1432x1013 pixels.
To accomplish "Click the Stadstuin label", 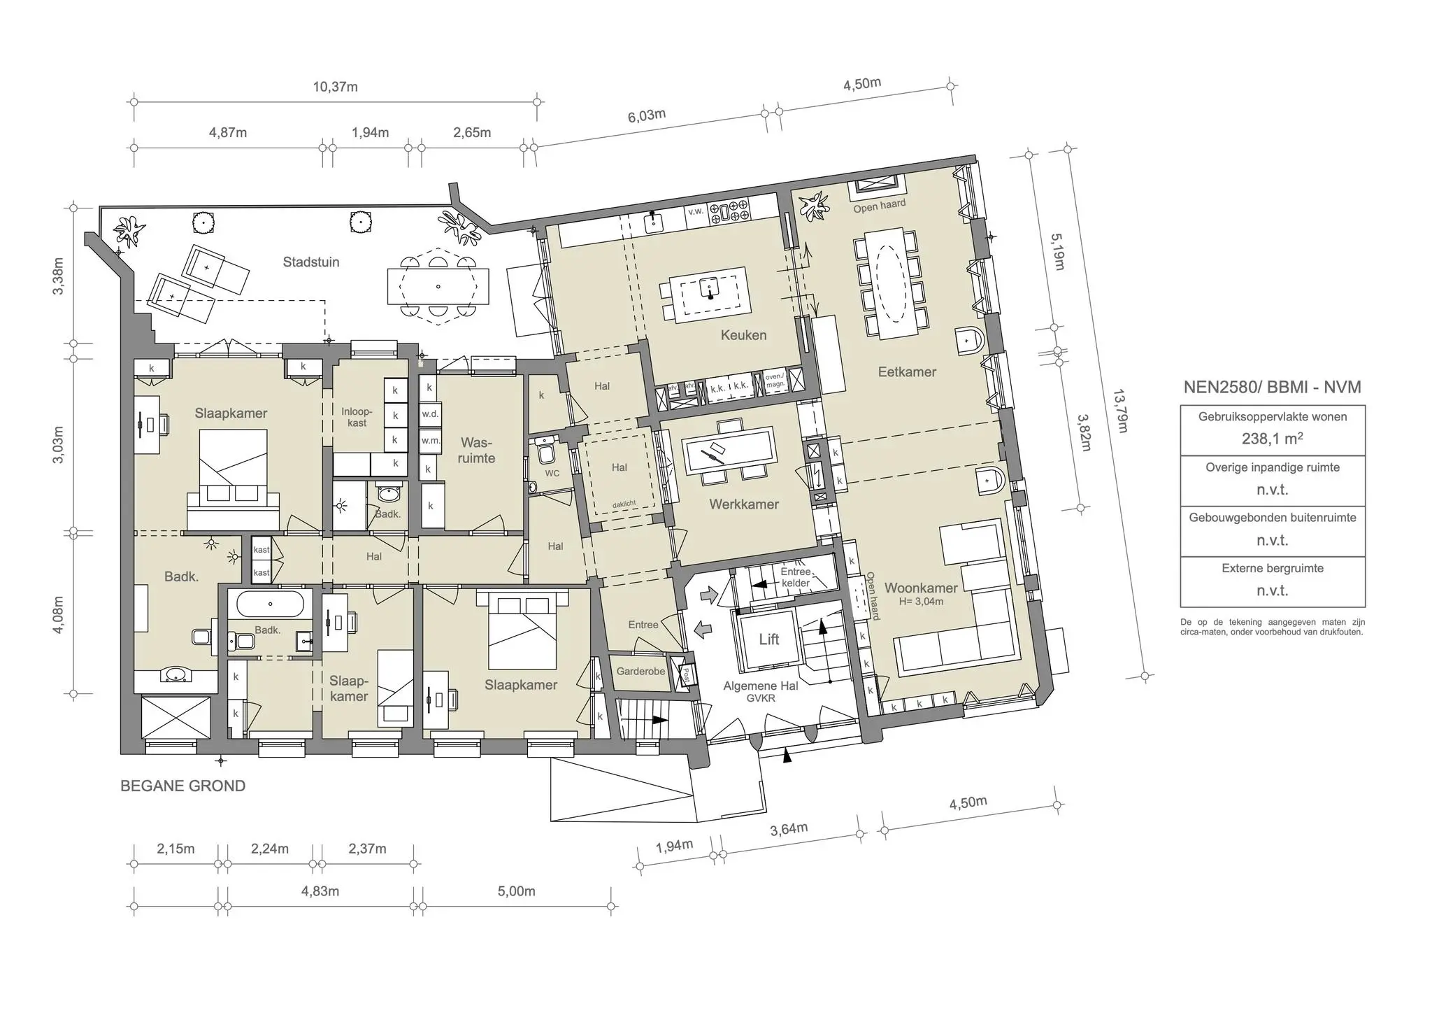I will click(311, 262).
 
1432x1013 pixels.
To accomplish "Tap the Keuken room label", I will click(743, 335).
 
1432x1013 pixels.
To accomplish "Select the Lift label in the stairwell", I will click(768, 639).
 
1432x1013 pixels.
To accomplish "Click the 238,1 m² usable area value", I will click(1272, 439).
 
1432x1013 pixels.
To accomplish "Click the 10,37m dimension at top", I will click(335, 87).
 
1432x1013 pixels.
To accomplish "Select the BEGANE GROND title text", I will click(182, 786).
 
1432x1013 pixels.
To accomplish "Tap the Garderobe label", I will click(640, 672).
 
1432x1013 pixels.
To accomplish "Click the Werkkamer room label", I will click(743, 504).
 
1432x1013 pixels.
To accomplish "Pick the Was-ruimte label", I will click(476, 451).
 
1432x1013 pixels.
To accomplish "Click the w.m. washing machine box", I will click(429, 441).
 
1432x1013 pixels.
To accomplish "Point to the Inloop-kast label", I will click(357, 417).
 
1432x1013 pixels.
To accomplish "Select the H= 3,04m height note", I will click(921, 601).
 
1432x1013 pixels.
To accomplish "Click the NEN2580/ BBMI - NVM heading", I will click(1272, 388).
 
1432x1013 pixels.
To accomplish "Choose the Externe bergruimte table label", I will click(1272, 568).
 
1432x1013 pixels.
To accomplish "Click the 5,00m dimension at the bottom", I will click(516, 891).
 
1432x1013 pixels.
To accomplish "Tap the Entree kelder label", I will click(795, 577).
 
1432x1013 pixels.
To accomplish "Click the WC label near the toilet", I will click(552, 474).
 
